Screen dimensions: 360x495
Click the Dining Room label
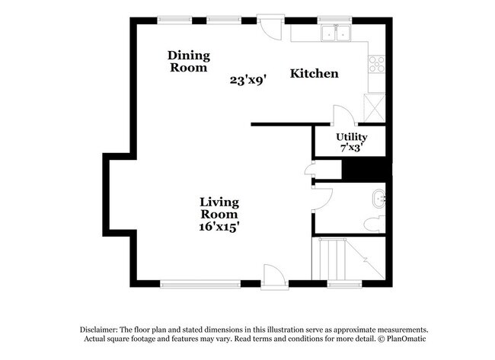point(188,61)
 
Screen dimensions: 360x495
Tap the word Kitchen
point(314,74)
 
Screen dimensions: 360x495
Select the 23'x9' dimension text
point(247,79)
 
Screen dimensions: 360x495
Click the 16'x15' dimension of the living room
point(219,226)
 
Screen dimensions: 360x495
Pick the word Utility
point(351,137)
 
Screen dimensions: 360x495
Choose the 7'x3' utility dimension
point(351,148)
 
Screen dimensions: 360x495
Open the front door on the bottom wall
point(272,276)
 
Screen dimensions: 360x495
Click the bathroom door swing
point(322,199)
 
